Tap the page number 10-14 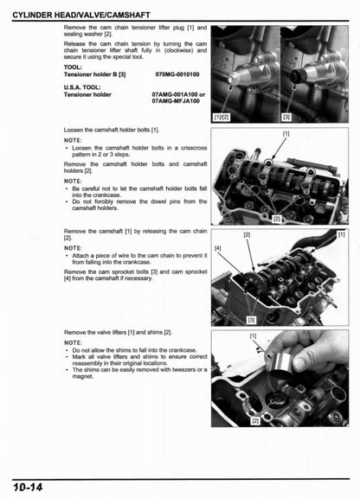pyautogui.click(x=30, y=488)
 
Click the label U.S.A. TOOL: pyautogui.click(x=85, y=86)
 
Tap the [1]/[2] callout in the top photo pyautogui.click(x=222, y=117)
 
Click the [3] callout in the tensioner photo pyautogui.click(x=286, y=117)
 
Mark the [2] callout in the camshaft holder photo pyautogui.click(x=277, y=219)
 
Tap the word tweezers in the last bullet pyautogui.click(x=182, y=369)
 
